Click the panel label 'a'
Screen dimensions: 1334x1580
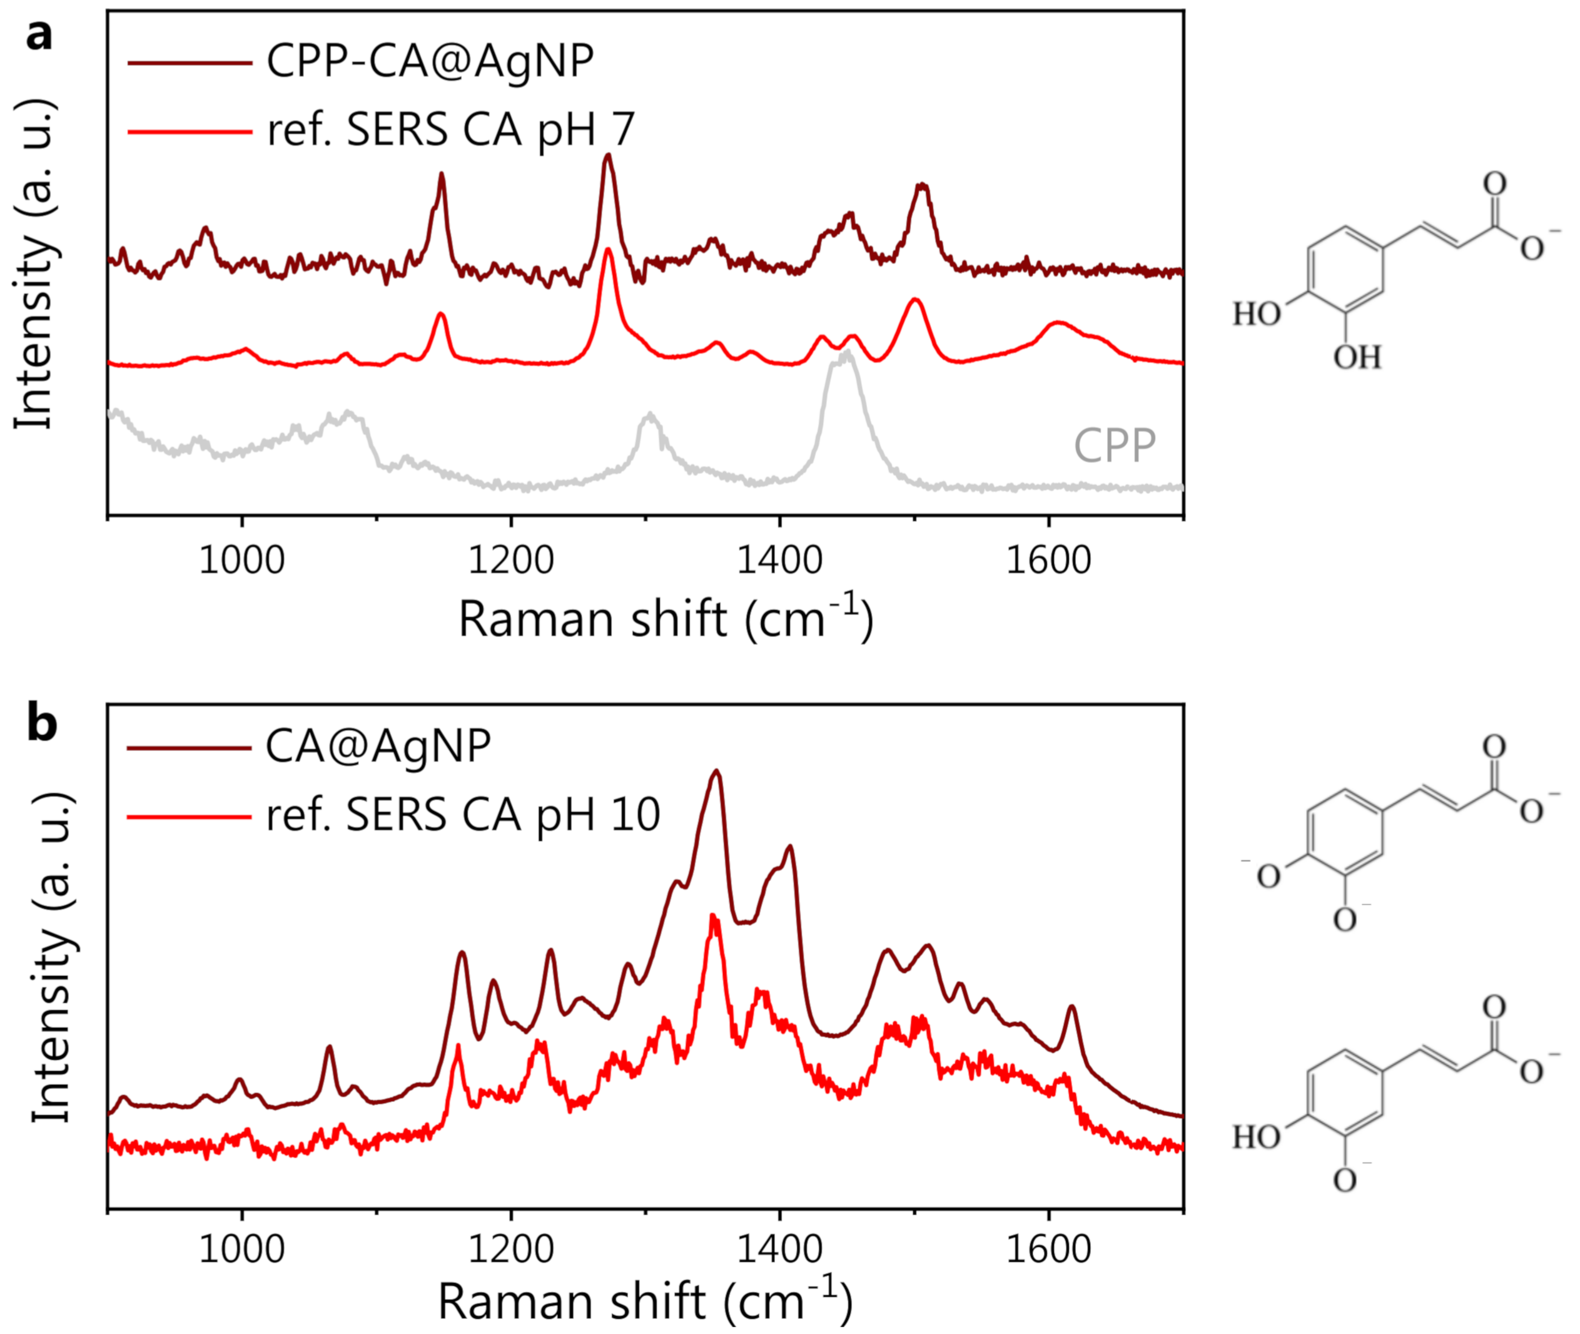click(x=39, y=35)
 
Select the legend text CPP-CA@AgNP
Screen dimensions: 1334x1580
click(x=429, y=62)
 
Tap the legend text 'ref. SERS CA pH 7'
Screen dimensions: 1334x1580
click(x=450, y=130)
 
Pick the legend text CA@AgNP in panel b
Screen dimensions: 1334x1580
click(x=378, y=746)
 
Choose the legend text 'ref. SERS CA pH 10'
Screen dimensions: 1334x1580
click(x=463, y=815)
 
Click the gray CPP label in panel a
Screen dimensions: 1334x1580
click(x=1114, y=446)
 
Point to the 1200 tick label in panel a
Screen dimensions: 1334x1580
click(x=511, y=561)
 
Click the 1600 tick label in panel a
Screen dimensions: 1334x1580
click(x=1048, y=561)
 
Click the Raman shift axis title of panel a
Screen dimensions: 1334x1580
click(x=666, y=620)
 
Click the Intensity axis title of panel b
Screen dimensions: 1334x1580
click(x=51, y=960)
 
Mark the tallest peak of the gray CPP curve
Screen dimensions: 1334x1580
click(x=848, y=352)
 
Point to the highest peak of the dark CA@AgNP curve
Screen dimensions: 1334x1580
click(x=716, y=771)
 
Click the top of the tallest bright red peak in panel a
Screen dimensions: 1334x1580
click(x=608, y=250)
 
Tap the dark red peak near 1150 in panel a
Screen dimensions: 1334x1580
click(x=442, y=175)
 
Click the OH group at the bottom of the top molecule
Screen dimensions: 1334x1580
click(x=1357, y=357)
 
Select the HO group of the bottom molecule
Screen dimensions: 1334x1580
click(x=1257, y=1137)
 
